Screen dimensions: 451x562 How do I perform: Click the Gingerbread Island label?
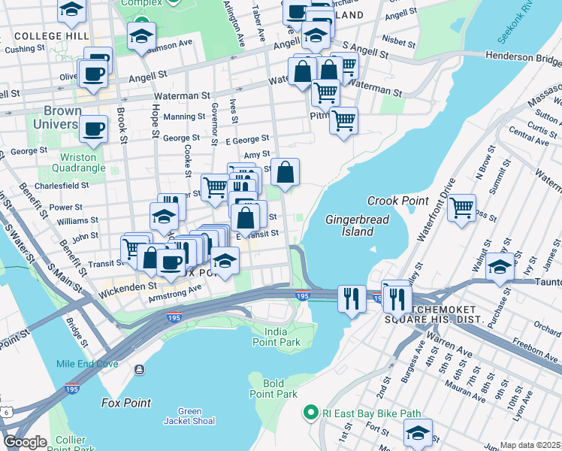pyautogui.click(x=349, y=225)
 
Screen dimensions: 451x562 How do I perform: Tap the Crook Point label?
pyautogui.click(x=397, y=201)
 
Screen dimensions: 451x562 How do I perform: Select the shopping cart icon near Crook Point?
pyautogui.click(x=461, y=207)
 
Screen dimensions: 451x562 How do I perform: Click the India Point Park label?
pyautogui.click(x=282, y=337)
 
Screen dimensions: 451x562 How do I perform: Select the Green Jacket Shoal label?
pyautogui.click(x=189, y=416)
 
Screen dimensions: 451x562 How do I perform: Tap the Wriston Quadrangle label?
pyautogui.click(x=77, y=163)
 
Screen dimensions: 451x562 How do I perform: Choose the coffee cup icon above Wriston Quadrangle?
pyautogui.click(x=93, y=129)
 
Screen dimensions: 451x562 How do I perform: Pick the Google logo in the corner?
pyautogui.click(x=26, y=442)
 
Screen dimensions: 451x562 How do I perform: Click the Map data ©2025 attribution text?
pyautogui.click(x=530, y=445)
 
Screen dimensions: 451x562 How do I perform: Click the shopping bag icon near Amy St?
pyautogui.click(x=286, y=172)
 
